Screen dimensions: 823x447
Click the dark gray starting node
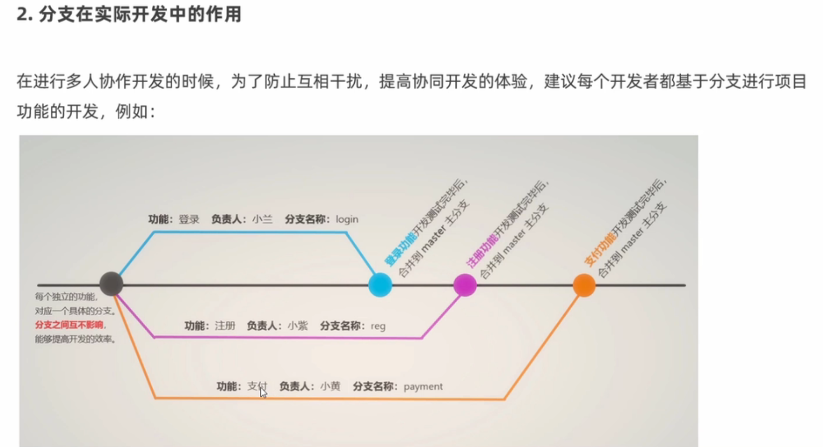pyautogui.click(x=111, y=284)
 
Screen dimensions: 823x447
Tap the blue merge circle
pyautogui.click(x=380, y=285)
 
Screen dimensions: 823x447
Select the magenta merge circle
pyautogui.click(x=465, y=285)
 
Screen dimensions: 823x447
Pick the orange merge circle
pyautogui.click(x=584, y=285)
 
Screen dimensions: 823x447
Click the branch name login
pyautogui.click(x=347, y=219)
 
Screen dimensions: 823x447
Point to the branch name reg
pyautogui.click(x=378, y=326)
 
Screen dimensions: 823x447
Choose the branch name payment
pyautogui.click(x=423, y=386)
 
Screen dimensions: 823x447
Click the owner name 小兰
pyautogui.click(x=262, y=219)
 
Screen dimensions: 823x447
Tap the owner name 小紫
pyautogui.click(x=298, y=326)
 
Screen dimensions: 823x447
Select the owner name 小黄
pyautogui.click(x=330, y=386)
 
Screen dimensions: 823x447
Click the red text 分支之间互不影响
pyautogui.click(x=69, y=325)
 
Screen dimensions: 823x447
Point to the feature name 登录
pyautogui.click(x=189, y=219)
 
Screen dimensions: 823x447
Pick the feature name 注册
pyautogui.click(x=225, y=326)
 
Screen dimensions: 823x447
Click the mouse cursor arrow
pyautogui.click(x=263, y=393)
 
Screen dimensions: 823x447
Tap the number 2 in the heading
pyautogui.click(x=21, y=14)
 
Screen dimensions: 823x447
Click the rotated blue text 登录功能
pyautogui.click(x=401, y=248)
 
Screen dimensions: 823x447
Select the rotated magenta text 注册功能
pyautogui.click(x=482, y=250)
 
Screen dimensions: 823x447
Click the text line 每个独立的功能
pyautogui.click(x=66, y=297)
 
